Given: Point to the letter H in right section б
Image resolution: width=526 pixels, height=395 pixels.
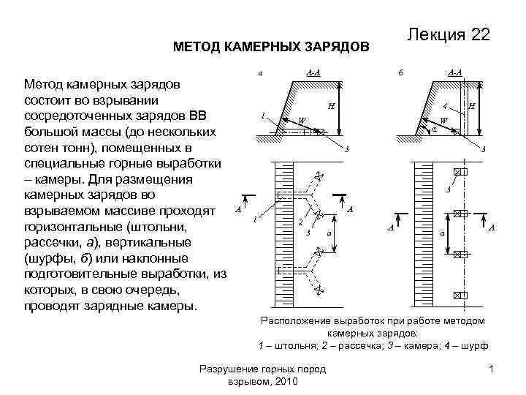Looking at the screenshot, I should pyautogui.click(x=472, y=107).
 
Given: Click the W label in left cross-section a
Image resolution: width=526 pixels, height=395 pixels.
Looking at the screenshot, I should pyautogui.click(x=302, y=120).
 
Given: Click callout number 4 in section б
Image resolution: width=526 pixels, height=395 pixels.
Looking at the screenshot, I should pyautogui.click(x=445, y=106).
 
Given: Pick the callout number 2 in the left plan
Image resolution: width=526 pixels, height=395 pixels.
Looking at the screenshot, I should pyautogui.click(x=300, y=222).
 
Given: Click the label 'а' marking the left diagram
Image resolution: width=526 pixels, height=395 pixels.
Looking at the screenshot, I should pyautogui.click(x=259, y=72).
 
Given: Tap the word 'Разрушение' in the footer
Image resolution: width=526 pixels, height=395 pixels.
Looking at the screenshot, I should pyautogui.click(x=225, y=370).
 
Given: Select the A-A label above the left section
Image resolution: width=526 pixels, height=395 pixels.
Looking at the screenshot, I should pyautogui.click(x=313, y=72).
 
